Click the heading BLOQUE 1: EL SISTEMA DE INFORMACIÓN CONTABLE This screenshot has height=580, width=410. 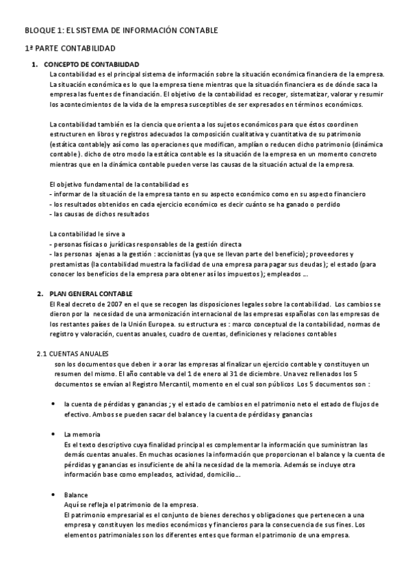point(121,31)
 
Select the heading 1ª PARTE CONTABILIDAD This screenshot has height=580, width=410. point(71,49)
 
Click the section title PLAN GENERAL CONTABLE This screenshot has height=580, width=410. point(86,293)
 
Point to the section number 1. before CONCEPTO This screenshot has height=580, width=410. point(39,64)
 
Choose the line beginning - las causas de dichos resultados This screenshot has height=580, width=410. point(100,214)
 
